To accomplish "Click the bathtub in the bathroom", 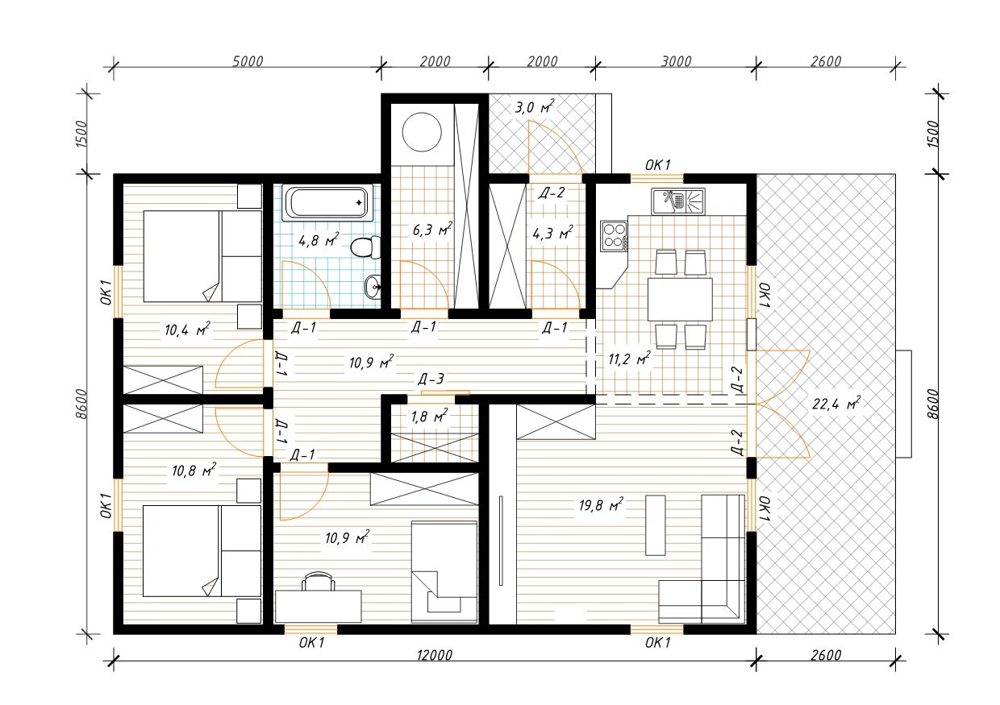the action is coord(327,203).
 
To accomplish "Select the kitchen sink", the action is coord(677,201).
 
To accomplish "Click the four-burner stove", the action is coord(614,236).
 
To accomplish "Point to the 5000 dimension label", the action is coord(248,61).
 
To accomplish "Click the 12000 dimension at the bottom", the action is coord(435,655).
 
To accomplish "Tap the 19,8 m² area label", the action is coord(601,504).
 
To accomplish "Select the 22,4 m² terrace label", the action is coord(835,404).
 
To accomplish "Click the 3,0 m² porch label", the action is coord(535,107).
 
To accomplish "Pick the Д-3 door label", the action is coord(431,379).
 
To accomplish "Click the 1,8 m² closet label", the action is coord(429,416).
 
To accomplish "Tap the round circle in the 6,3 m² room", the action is coord(422,132).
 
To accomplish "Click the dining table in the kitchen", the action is coord(680,299).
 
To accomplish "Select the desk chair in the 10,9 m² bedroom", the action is coord(319,581).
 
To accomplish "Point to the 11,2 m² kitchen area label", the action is coord(629,359).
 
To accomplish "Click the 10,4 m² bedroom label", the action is coord(187,330).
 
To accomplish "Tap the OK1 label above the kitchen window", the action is coord(657,165).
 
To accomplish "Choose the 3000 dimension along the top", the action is coord(676,61).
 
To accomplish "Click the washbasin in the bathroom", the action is coord(373,286).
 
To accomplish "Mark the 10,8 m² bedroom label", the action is coord(194,470).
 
